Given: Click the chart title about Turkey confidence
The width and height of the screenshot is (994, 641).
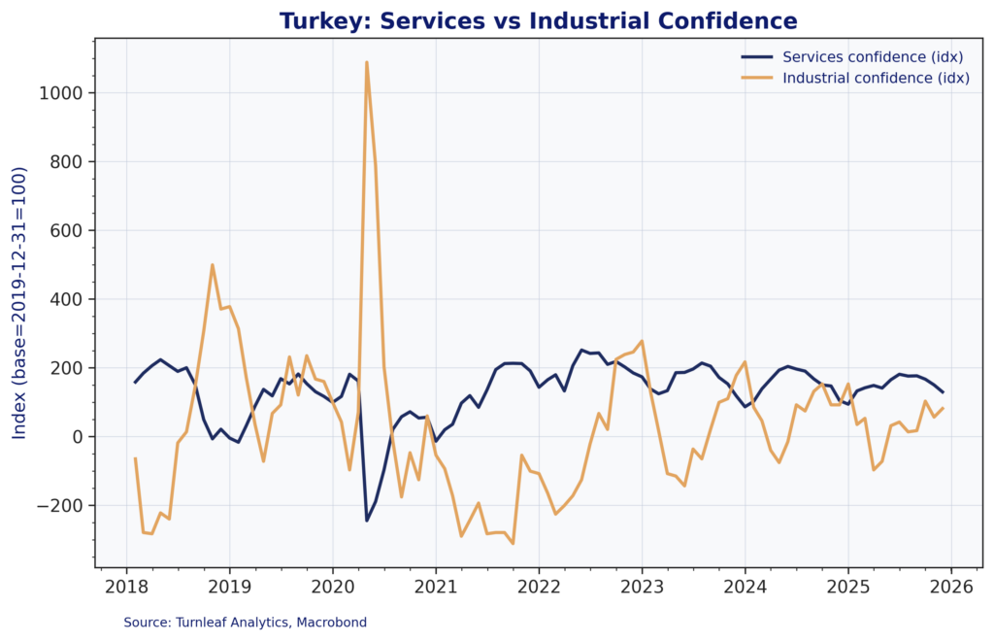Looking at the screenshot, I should click(538, 20).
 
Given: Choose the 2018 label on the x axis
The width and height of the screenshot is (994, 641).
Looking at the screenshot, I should click(126, 587).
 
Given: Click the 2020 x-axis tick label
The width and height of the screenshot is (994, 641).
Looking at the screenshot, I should click(332, 587).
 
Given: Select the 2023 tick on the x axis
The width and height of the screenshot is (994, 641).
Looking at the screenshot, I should click(642, 587).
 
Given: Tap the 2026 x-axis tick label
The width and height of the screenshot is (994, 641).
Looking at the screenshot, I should click(950, 587).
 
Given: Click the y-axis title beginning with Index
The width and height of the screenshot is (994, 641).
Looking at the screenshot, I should click(19, 302).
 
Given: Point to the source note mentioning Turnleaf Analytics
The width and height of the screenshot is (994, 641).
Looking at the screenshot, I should click(245, 622).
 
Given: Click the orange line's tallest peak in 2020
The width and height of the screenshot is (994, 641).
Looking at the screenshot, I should click(366, 62).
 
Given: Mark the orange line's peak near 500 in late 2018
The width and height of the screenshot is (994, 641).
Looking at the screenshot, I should click(213, 265).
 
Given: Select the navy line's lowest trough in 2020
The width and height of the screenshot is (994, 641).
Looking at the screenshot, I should click(367, 521).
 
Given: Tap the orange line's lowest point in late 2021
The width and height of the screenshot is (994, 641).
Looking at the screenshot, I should click(513, 543).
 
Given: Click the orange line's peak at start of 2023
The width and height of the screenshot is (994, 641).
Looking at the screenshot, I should click(642, 341).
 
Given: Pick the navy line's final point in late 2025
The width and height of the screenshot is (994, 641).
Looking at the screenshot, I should click(943, 392).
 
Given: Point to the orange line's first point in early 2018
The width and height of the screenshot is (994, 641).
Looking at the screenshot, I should click(135, 458).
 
